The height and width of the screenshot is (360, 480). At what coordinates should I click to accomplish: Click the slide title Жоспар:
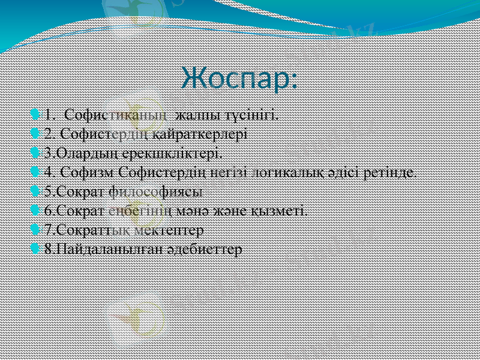(x=239, y=79)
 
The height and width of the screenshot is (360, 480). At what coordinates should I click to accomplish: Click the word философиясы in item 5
(x=156, y=191)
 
